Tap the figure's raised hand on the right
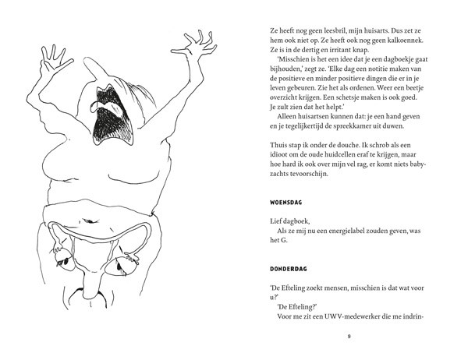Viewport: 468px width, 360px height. [197, 44]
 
